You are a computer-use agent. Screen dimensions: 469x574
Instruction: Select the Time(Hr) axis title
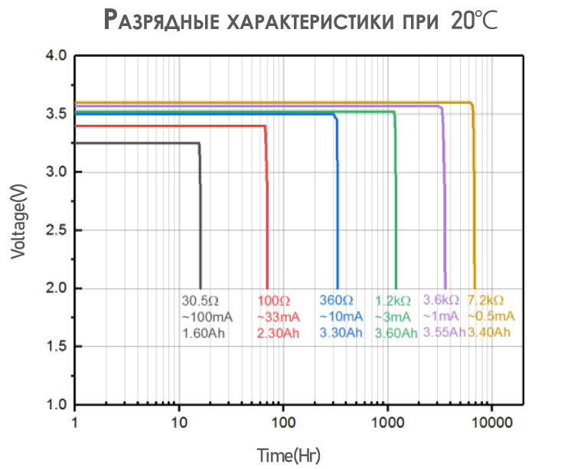pyautogui.click(x=289, y=456)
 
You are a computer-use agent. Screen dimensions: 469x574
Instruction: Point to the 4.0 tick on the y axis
pyautogui.click(x=57, y=56)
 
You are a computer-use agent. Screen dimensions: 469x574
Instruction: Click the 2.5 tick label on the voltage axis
pyautogui.click(x=57, y=230)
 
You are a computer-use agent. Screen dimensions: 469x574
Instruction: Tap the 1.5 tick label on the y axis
pyautogui.click(x=57, y=347)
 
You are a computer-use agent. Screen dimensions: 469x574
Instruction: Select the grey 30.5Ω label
pyautogui.click(x=201, y=300)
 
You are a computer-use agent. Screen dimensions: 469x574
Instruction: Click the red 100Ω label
pyautogui.click(x=274, y=300)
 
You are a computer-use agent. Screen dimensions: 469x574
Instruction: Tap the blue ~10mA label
pyautogui.click(x=341, y=316)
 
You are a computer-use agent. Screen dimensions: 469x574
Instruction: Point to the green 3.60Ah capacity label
pyautogui.click(x=396, y=333)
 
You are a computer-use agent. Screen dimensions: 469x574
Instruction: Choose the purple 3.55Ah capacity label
pyautogui.click(x=444, y=333)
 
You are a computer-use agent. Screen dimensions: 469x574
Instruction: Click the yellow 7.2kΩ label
pyautogui.click(x=486, y=300)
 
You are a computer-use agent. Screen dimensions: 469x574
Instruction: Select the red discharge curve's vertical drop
pyautogui.click(x=266, y=222)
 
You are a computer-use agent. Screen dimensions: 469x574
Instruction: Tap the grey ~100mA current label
pyautogui.click(x=207, y=316)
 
